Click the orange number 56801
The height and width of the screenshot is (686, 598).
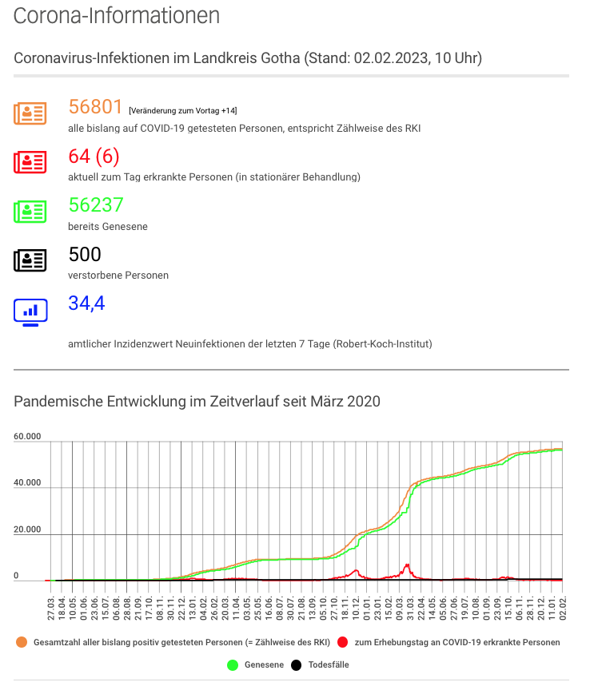pos(95,107)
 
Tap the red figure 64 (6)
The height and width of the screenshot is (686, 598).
pos(94,157)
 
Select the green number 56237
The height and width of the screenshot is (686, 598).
pos(96,204)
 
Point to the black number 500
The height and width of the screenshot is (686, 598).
pos(85,254)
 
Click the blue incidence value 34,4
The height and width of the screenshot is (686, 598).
pos(87,303)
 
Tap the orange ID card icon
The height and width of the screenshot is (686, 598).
pos(30,113)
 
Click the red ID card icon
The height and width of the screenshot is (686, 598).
pos(30,162)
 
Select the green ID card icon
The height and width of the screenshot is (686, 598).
pos(30,212)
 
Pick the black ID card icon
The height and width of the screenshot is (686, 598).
pos(30,260)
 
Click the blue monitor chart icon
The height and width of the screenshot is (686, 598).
pos(30,312)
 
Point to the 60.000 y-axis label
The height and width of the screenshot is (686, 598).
pos(27,436)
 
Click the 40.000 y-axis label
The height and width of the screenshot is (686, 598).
pos(27,482)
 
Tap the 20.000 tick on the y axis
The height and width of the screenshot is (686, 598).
pos(27,529)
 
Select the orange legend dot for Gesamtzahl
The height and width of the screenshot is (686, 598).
pos(22,642)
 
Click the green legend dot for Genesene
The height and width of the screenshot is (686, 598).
pos(233,665)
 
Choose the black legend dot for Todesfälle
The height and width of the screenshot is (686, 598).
pos(296,665)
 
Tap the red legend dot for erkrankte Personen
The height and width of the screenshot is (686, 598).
pos(343,642)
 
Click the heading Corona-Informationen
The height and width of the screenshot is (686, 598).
pos(117,15)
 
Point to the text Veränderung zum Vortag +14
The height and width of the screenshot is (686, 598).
pos(183,111)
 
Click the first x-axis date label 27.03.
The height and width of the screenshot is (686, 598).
pos(51,608)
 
